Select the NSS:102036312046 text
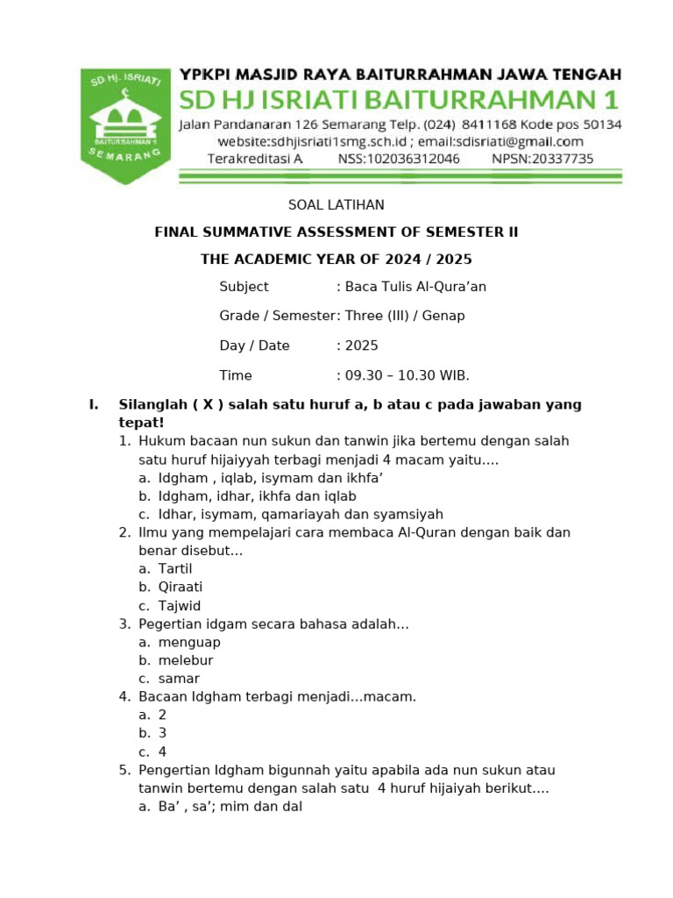pyautogui.click(x=399, y=159)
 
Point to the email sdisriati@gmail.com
pyautogui.click(x=510, y=141)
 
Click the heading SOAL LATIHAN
pyautogui.click(x=336, y=205)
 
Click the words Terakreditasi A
pyautogui.click(x=255, y=159)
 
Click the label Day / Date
pyautogui.click(x=254, y=346)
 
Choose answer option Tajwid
pyautogui.click(x=180, y=606)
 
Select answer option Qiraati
pyautogui.click(x=181, y=587)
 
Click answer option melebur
pyautogui.click(x=186, y=660)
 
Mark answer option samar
pyautogui.click(x=179, y=679)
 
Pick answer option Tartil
pyautogui.click(x=175, y=568)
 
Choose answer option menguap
pyautogui.click(x=189, y=642)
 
